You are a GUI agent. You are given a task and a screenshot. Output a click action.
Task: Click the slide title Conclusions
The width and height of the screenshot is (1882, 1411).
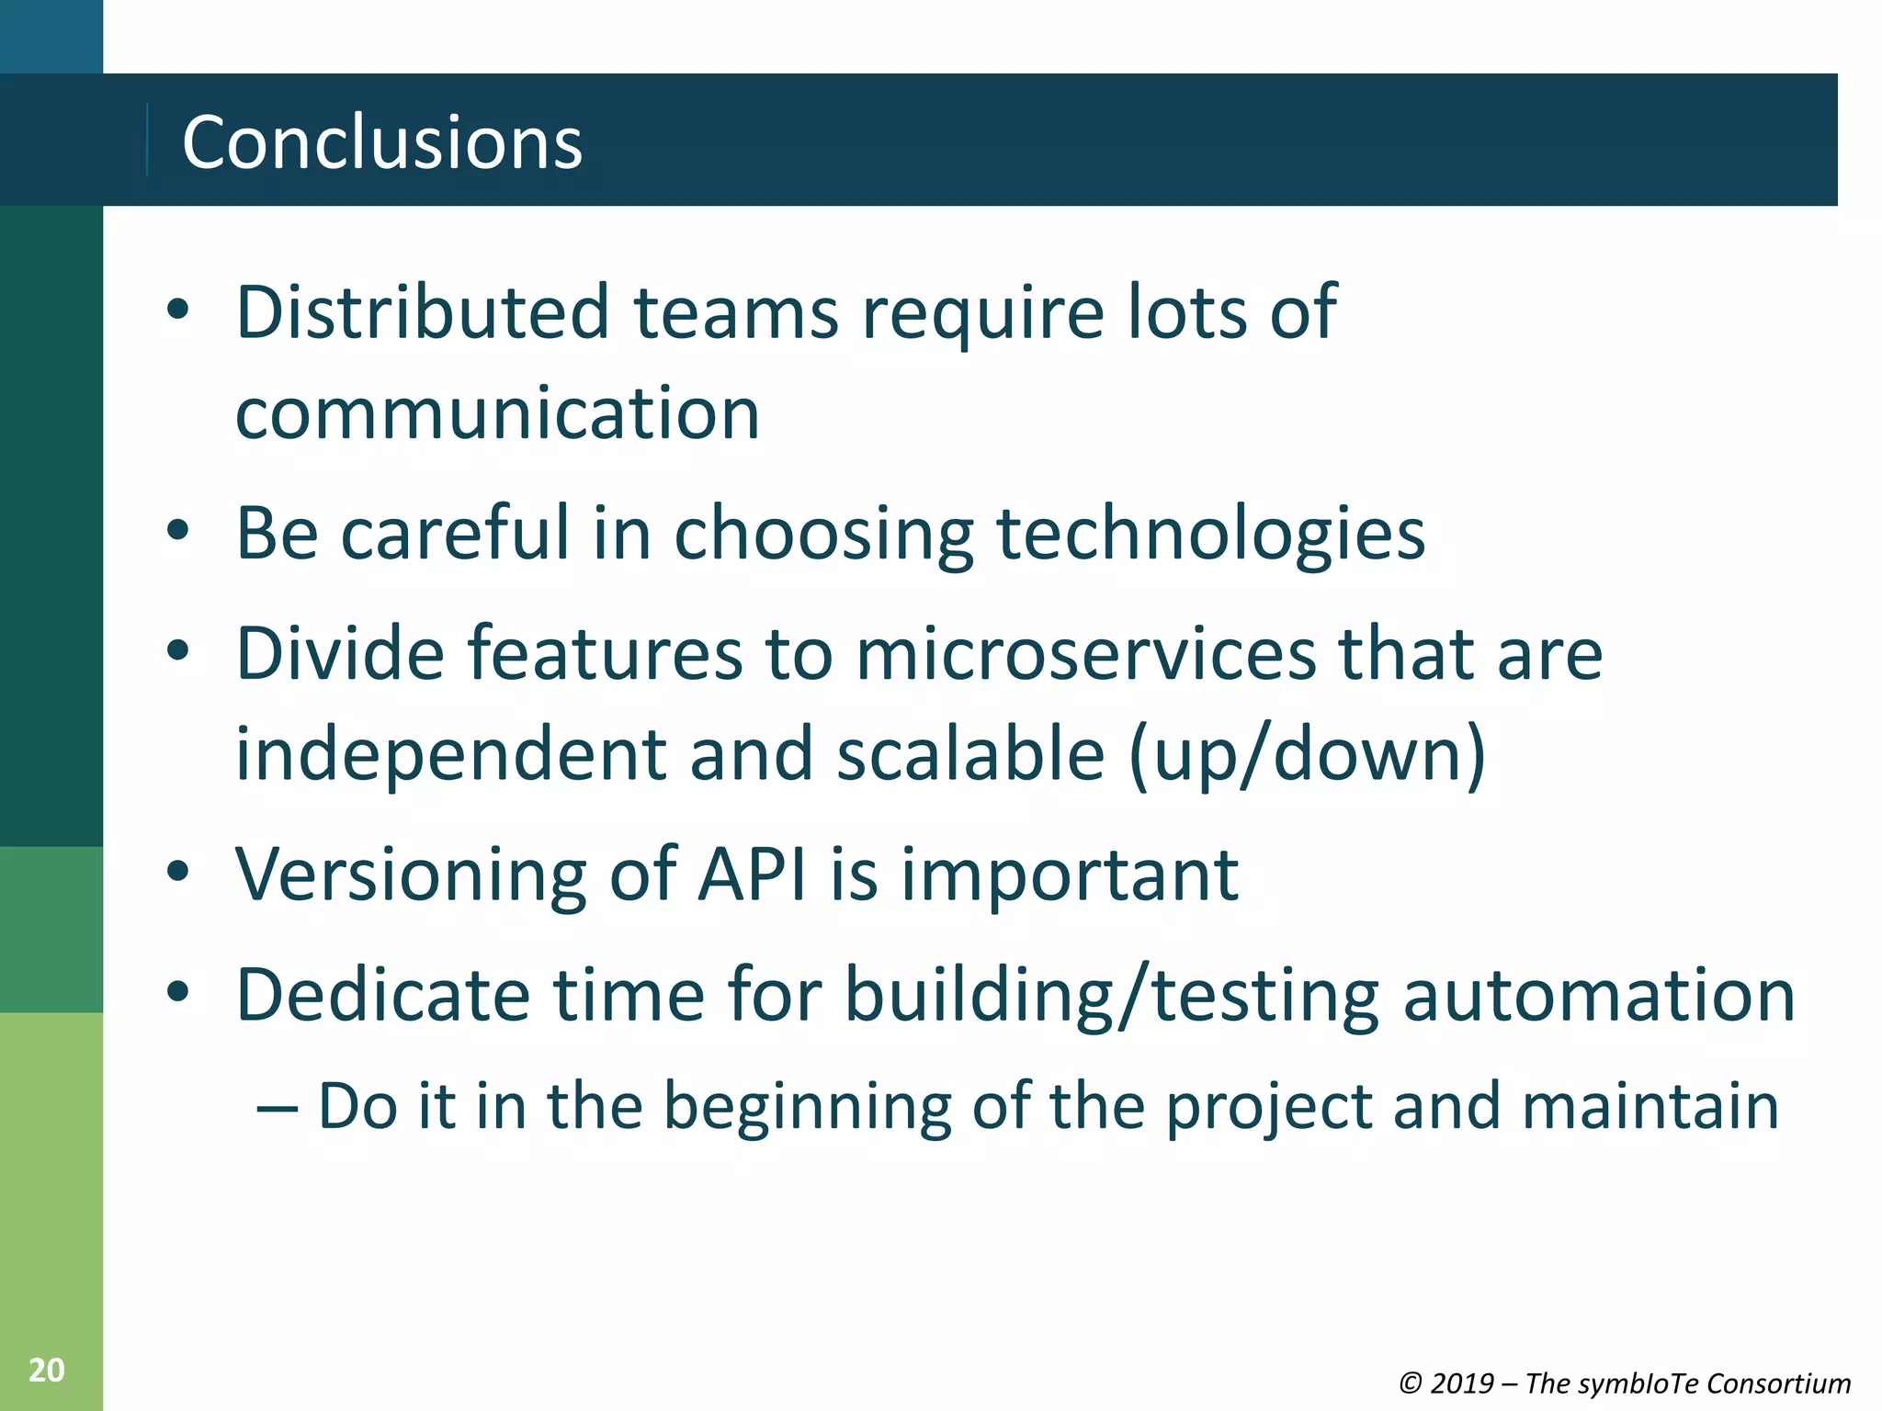point(382,142)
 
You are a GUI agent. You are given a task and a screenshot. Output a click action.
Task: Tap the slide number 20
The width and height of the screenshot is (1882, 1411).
point(46,1370)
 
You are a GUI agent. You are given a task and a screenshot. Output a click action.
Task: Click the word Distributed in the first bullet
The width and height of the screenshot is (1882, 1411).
point(423,312)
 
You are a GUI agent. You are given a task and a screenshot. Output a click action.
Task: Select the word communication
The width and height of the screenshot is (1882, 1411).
point(497,413)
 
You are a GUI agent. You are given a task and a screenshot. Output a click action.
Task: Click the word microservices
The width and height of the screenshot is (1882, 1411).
point(1086,653)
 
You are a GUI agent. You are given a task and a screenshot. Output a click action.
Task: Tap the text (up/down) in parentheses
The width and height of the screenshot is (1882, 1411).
point(1307,754)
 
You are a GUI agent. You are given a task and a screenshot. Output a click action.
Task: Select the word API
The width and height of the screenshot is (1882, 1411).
point(752,874)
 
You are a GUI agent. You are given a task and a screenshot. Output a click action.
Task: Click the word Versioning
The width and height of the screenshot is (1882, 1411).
point(411,874)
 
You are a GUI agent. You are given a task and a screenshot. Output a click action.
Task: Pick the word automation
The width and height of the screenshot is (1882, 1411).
point(1599,995)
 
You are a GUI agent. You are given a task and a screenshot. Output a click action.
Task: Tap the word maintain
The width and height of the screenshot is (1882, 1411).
point(1650,1106)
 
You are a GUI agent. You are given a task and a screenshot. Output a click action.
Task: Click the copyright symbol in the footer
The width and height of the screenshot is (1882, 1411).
point(1411,1383)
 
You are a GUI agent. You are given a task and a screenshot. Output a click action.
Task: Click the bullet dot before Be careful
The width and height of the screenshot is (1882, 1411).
point(178,530)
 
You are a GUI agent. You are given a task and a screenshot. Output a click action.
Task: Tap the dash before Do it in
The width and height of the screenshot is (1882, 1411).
point(278,1108)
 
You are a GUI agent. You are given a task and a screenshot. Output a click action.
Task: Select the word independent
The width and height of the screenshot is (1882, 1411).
point(451,754)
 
